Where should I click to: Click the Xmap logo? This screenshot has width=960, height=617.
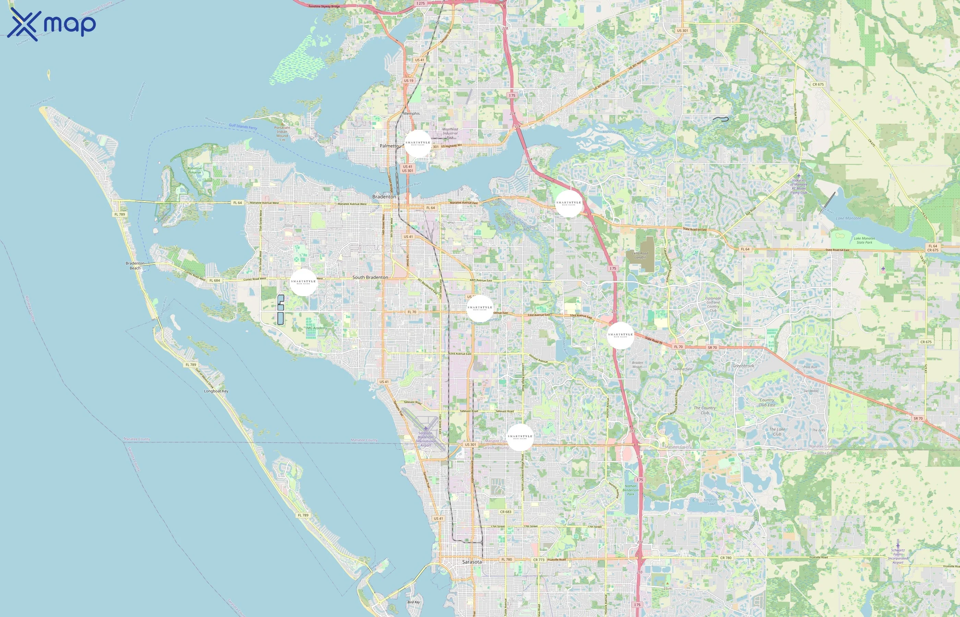coord(51,24)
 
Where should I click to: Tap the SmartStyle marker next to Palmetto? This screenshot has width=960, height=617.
coord(418,143)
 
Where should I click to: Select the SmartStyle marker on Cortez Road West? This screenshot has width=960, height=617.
coord(303,282)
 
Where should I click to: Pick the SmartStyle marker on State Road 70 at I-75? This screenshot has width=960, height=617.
coord(620,335)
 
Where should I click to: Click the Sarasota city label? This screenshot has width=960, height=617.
coord(471,562)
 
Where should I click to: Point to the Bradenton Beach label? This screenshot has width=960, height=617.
coord(135,266)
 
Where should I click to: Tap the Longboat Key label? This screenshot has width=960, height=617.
coord(216,391)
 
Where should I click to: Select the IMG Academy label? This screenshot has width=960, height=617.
coord(316,328)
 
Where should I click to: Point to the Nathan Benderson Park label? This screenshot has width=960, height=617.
coord(631,490)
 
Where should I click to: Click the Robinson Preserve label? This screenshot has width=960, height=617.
coord(195,170)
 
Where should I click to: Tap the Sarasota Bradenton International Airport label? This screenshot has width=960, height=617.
coord(425,439)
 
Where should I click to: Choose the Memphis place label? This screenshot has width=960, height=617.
coord(411,113)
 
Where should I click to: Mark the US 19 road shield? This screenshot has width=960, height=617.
coord(409,81)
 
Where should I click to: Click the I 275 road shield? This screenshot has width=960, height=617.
coord(420,3)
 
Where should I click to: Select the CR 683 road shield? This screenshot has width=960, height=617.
coord(506,512)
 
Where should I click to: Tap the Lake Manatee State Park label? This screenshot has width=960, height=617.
coord(864,240)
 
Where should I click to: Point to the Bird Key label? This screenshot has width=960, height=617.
coord(413,602)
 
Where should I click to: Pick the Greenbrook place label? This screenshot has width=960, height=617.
coord(743,366)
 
